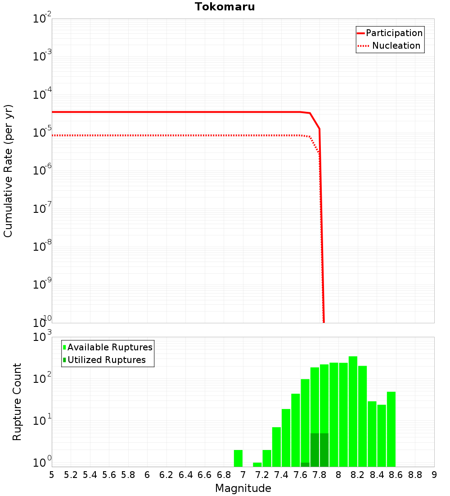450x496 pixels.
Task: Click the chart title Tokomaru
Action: [225, 7]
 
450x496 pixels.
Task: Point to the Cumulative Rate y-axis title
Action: [8, 170]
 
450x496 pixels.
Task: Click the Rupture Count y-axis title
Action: [17, 401]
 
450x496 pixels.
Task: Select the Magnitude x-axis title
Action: [243, 488]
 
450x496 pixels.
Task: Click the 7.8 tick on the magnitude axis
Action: [319, 475]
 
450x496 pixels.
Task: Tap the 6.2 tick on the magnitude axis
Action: [166, 475]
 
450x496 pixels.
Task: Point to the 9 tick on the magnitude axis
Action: [434, 475]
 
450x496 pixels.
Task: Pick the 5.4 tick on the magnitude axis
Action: [90, 475]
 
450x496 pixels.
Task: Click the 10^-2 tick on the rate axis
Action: [42, 19]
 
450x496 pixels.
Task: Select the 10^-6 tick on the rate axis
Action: [42, 171]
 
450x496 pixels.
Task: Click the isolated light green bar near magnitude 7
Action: [238, 458]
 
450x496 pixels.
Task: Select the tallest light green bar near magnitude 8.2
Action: [353, 411]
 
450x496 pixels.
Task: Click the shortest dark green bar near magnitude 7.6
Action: [305, 464]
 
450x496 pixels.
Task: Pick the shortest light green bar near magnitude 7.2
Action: [257, 464]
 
